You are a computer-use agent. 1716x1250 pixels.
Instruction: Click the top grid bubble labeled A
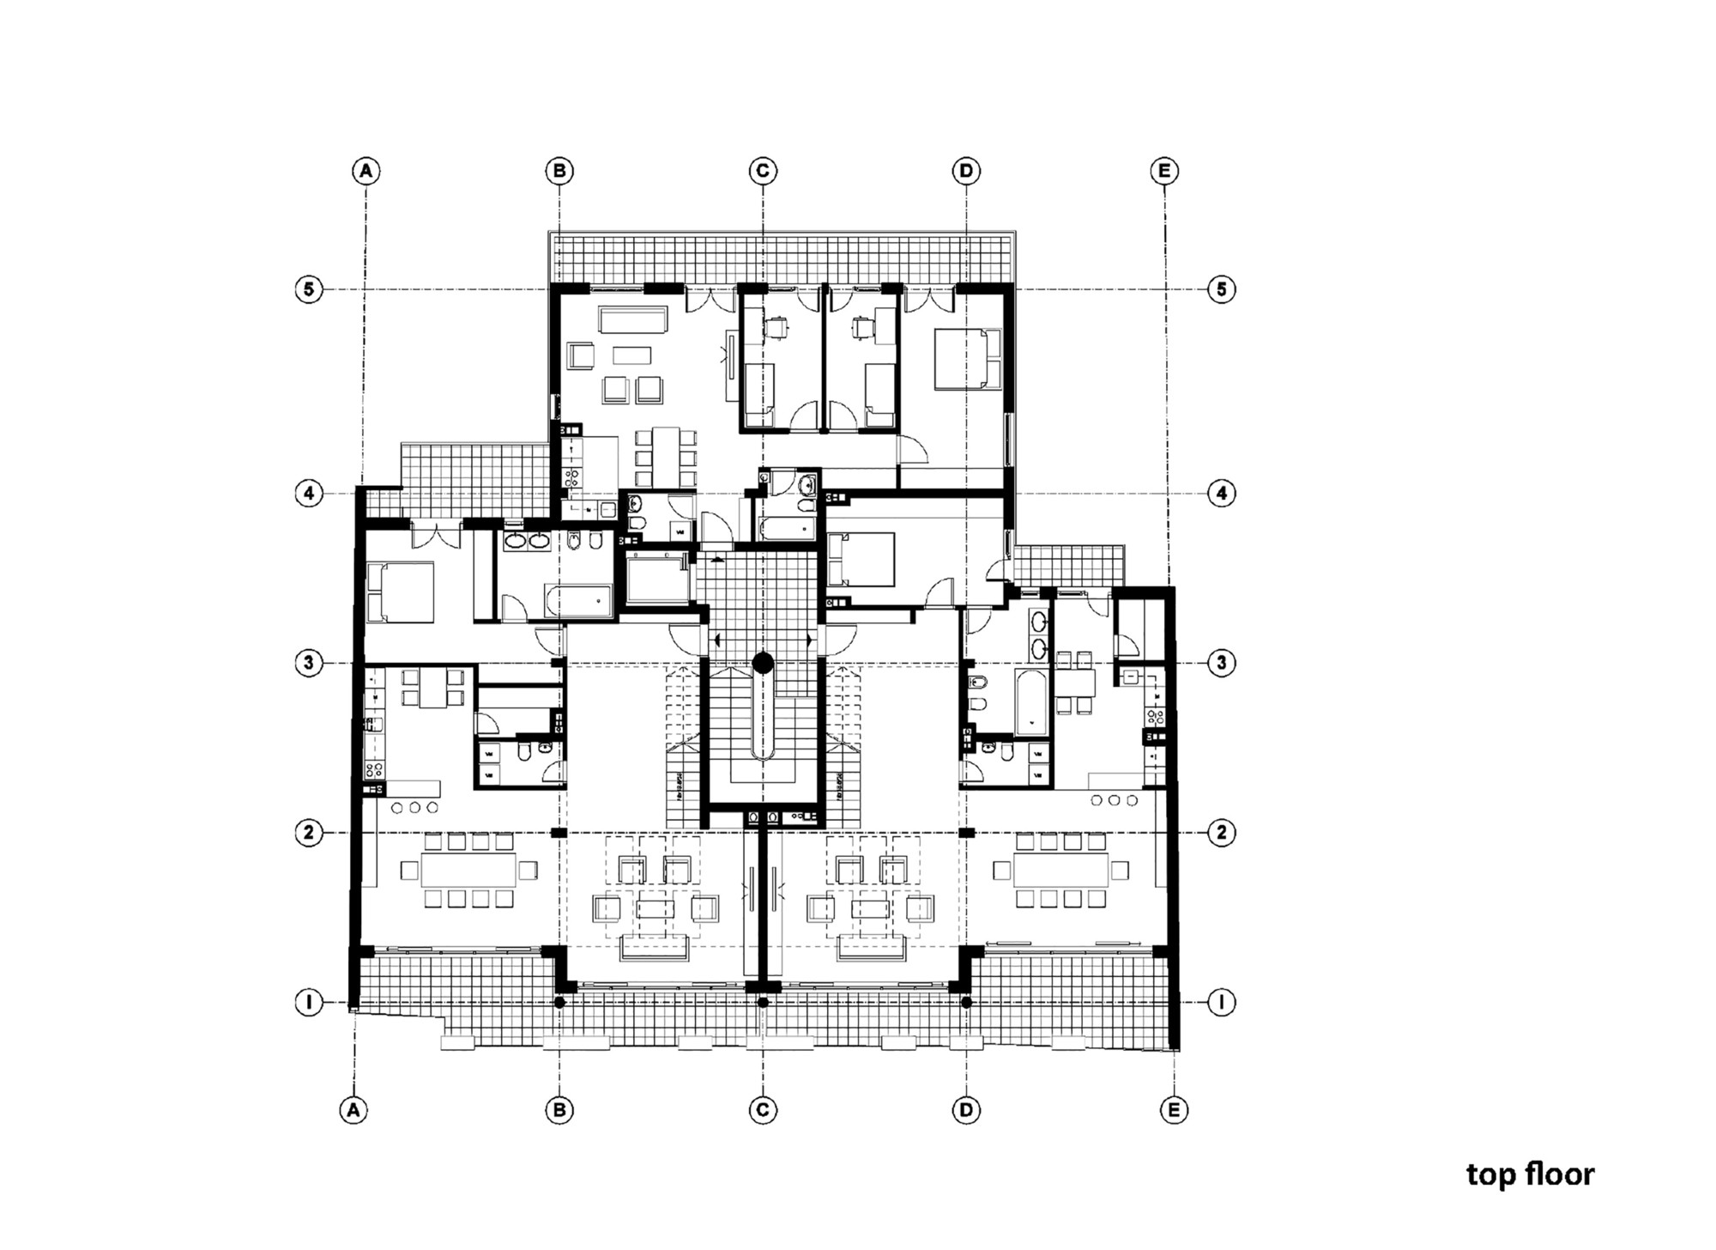point(366,171)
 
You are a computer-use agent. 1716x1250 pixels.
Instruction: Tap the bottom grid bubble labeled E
point(1174,1109)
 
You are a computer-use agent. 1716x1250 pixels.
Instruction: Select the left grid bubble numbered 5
point(309,289)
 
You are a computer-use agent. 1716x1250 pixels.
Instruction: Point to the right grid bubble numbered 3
point(1221,663)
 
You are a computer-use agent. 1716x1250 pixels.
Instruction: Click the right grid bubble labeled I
point(1221,1001)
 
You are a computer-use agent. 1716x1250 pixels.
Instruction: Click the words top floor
point(1530,1174)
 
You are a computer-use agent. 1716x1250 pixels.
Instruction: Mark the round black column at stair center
point(763,662)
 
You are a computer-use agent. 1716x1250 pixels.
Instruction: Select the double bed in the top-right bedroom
point(968,359)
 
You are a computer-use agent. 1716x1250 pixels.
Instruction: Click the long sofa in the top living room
point(632,321)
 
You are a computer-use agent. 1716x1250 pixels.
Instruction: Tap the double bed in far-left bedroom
point(400,592)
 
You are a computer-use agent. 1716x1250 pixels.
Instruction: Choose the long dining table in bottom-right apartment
point(1060,871)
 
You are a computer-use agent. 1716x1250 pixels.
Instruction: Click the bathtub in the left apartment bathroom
point(578,601)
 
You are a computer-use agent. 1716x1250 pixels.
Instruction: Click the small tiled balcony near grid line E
point(1068,564)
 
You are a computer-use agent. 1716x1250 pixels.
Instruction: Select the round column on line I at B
point(559,1002)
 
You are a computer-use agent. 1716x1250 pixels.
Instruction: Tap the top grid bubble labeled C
point(763,171)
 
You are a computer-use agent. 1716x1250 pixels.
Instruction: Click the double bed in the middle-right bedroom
point(861,559)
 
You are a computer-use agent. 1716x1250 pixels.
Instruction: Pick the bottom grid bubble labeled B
point(559,1109)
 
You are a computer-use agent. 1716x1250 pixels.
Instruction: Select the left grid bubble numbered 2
point(309,832)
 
